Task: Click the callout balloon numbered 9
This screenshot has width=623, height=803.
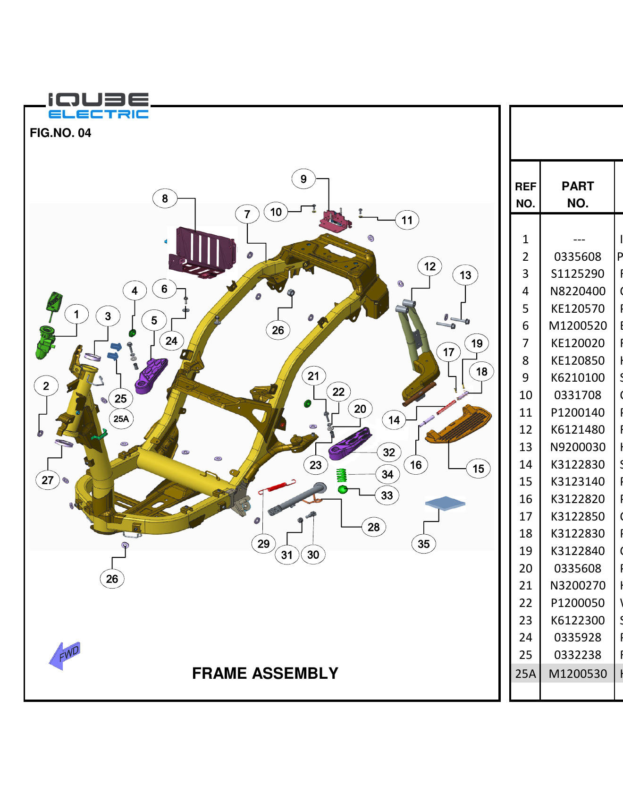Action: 303,179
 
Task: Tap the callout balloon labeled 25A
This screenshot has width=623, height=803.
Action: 121,419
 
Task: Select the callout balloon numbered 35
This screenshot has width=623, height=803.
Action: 423,544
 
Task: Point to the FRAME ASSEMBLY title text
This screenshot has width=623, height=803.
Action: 265,673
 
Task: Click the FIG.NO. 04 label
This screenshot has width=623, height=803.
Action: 60,133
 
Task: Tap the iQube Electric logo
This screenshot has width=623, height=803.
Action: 98,106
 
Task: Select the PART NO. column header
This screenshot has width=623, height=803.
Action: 577,194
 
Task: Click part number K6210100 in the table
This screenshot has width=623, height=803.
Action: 577,378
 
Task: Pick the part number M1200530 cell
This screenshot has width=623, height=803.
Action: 577,674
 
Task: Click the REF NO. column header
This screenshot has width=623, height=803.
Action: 525,194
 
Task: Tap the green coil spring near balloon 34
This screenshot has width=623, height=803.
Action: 341,475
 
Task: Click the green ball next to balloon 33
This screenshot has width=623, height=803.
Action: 343,489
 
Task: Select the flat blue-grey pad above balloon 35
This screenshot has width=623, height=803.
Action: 445,504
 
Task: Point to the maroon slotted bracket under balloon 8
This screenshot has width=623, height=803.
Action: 203,253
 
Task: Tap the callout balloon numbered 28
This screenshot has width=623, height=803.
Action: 373,527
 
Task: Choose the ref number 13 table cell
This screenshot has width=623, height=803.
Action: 525,447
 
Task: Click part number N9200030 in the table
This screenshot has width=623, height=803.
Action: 577,447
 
